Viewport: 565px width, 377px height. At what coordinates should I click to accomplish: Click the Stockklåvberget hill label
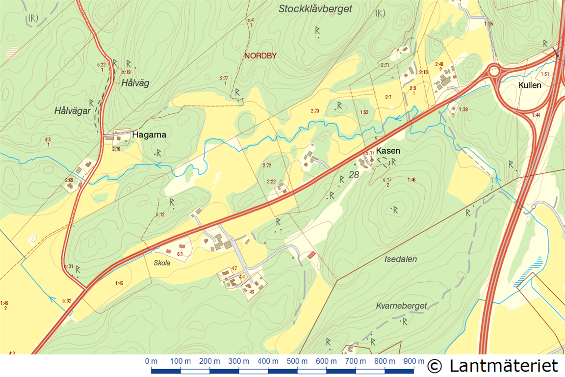pyautogui.click(x=315, y=9)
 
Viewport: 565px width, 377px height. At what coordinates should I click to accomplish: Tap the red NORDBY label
pyautogui.click(x=260, y=56)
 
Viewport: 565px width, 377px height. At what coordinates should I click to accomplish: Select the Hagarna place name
pyautogui.click(x=150, y=135)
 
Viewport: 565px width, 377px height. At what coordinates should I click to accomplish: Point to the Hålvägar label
pyautogui.click(x=73, y=111)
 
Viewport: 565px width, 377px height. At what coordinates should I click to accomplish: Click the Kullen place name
pyautogui.click(x=530, y=85)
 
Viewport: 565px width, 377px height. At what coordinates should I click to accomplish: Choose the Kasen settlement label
pyautogui.click(x=388, y=151)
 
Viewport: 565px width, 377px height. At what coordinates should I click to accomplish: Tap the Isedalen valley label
pyautogui.click(x=401, y=259)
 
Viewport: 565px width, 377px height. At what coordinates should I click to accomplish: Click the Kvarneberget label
pyautogui.click(x=402, y=305)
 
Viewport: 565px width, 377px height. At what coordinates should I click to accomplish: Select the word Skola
pyautogui.click(x=162, y=263)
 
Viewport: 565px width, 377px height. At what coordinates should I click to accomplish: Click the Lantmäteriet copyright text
pyautogui.click(x=492, y=365)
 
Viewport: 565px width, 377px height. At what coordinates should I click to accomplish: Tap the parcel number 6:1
pyautogui.click(x=180, y=254)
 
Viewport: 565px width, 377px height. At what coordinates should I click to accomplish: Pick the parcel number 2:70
pyautogui.click(x=315, y=111)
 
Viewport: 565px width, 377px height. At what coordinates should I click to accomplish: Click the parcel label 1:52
pyautogui.click(x=364, y=112)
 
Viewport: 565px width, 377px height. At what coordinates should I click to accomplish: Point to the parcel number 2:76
pyautogui.click(x=116, y=149)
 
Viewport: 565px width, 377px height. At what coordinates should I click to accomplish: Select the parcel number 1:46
pyautogui.click(x=411, y=180)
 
